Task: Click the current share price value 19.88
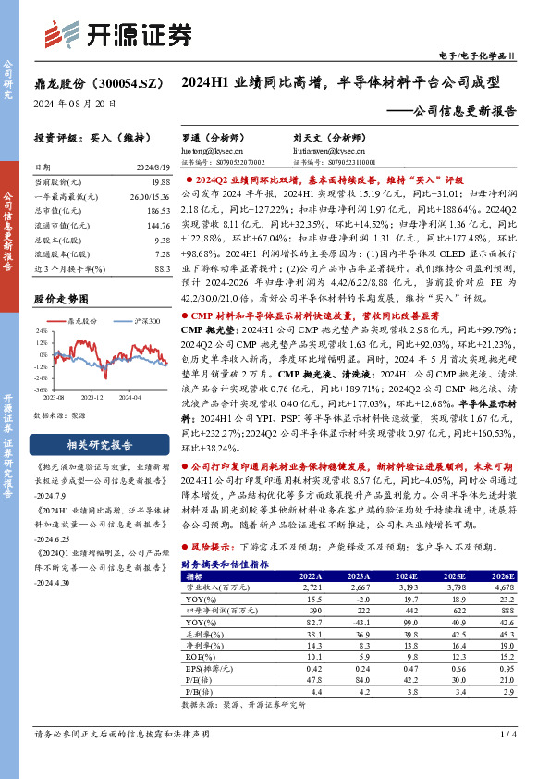[x=162, y=183]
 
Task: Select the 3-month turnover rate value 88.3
[x=163, y=267]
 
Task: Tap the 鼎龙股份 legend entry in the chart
[x=86, y=321]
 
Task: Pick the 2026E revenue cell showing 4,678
[x=503, y=587]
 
